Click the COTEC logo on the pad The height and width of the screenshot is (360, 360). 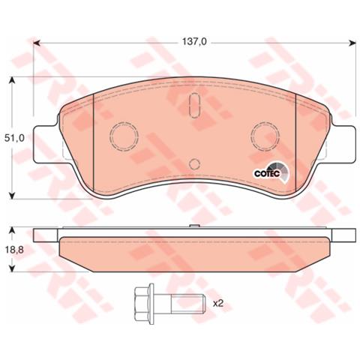(x=269, y=171)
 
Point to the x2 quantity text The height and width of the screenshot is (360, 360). (x=220, y=303)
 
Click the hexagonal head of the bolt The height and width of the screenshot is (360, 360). (x=142, y=304)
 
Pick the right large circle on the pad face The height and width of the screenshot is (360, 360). (x=265, y=135)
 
